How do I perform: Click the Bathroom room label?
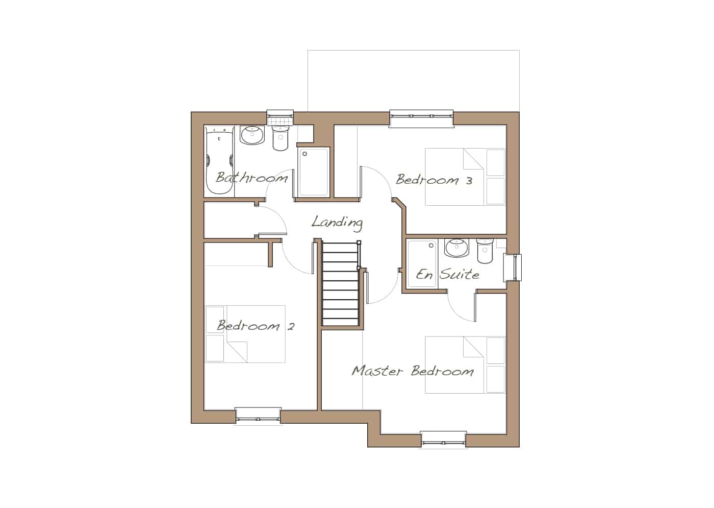tap(252, 177)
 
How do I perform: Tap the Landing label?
tap(337, 223)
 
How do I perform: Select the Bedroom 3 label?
tap(434, 179)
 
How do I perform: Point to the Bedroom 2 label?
tap(256, 326)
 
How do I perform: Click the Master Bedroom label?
tap(413, 371)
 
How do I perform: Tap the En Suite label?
tap(448, 274)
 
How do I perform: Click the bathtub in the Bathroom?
tap(219, 160)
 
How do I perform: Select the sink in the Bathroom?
tap(252, 135)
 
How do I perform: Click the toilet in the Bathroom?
tap(280, 138)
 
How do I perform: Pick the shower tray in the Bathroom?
tap(313, 172)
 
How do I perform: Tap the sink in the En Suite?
tap(457, 248)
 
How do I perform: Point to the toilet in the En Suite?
tap(485, 251)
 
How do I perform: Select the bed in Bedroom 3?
tap(465, 177)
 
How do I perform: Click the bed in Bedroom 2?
tap(245, 334)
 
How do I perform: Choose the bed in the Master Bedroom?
tap(465, 365)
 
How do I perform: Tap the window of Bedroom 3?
tap(421, 118)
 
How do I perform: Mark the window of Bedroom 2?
tap(258, 416)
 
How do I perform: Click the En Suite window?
tap(513, 268)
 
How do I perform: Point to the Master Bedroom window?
tap(443, 440)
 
